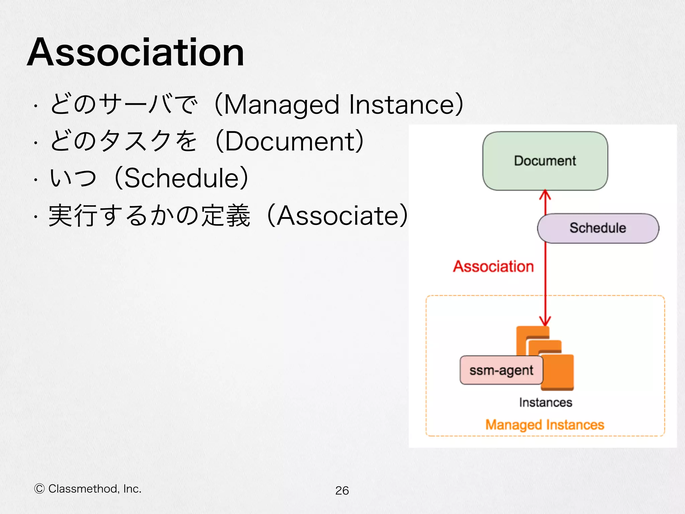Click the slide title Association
point(135,53)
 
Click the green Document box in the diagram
point(545,161)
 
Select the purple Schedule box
point(598,228)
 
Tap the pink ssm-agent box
point(501,370)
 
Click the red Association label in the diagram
point(493,267)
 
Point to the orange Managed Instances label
point(545,425)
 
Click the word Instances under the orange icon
point(546,403)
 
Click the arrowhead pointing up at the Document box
point(545,194)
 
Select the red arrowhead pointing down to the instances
point(545,321)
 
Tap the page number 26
point(342,491)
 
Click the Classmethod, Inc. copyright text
point(95,489)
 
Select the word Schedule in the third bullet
point(181,178)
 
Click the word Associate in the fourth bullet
point(337,216)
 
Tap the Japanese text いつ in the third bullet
point(73,178)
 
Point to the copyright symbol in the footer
point(39,489)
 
